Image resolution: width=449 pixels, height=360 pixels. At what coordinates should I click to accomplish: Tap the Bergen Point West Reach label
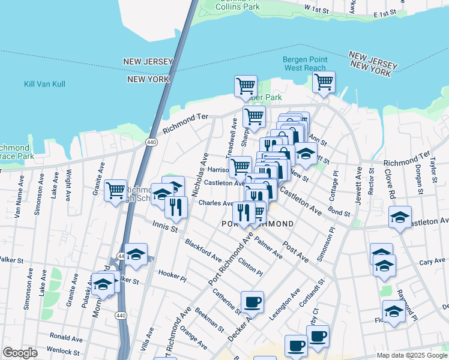click(x=305, y=64)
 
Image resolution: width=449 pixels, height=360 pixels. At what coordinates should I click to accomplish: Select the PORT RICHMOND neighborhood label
click(x=258, y=224)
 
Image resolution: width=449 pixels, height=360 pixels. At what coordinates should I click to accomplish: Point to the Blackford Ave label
click(x=203, y=250)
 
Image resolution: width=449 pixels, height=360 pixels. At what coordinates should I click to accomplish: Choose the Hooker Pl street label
click(x=173, y=273)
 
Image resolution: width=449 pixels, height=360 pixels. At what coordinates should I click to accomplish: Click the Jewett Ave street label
click(x=358, y=186)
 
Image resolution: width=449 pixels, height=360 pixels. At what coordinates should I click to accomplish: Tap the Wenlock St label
click(x=65, y=352)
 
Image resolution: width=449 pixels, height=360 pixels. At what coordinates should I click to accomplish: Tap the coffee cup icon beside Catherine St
click(x=253, y=302)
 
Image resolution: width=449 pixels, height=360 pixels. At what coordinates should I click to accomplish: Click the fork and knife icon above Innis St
click(x=176, y=207)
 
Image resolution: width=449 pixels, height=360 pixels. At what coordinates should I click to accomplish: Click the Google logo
click(x=20, y=353)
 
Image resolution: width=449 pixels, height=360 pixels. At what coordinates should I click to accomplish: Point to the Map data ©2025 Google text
click(x=412, y=355)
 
